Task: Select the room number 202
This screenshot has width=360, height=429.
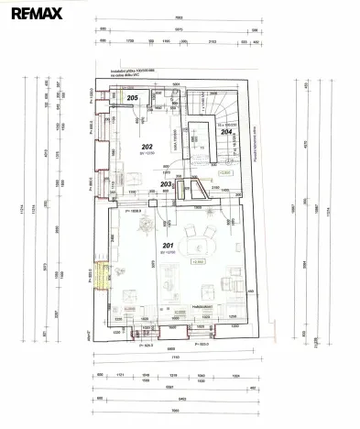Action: coord(147,146)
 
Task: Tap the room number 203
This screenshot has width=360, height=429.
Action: coord(166,184)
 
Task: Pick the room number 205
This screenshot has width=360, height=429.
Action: coord(132,98)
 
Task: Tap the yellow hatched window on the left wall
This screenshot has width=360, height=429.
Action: coord(103,274)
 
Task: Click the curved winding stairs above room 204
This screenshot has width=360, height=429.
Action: coord(221,105)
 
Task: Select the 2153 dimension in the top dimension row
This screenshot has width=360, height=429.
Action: coord(213,42)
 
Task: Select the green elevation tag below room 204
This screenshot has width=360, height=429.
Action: coord(224,171)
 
